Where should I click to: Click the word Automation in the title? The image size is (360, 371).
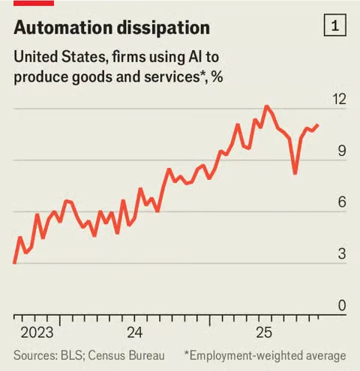point(63,28)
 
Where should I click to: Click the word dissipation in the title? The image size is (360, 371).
point(163,28)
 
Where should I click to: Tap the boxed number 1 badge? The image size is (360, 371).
point(335,25)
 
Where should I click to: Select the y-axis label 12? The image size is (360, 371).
point(339,99)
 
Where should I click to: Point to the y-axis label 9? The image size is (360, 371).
point(342,151)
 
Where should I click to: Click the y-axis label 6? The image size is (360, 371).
point(342,202)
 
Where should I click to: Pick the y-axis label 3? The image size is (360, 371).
point(342,253)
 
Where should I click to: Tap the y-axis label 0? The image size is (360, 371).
point(342,305)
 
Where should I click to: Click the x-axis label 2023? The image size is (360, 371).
point(37,333)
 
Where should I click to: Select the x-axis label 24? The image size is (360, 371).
point(135,333)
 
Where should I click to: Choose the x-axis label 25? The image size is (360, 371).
point(264,333)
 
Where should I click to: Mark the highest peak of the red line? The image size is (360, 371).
point(266,106)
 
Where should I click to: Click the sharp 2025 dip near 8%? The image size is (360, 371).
point(295,173)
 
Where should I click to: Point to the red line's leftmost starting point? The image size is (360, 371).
point(14,262)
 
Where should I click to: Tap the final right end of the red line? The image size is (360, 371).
point(317,124)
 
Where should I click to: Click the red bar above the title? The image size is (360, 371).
point(34,3)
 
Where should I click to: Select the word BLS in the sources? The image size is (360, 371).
point(71,356)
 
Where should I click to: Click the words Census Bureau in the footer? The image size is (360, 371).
point(126,356)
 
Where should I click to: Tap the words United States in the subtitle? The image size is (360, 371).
point(60,57)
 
